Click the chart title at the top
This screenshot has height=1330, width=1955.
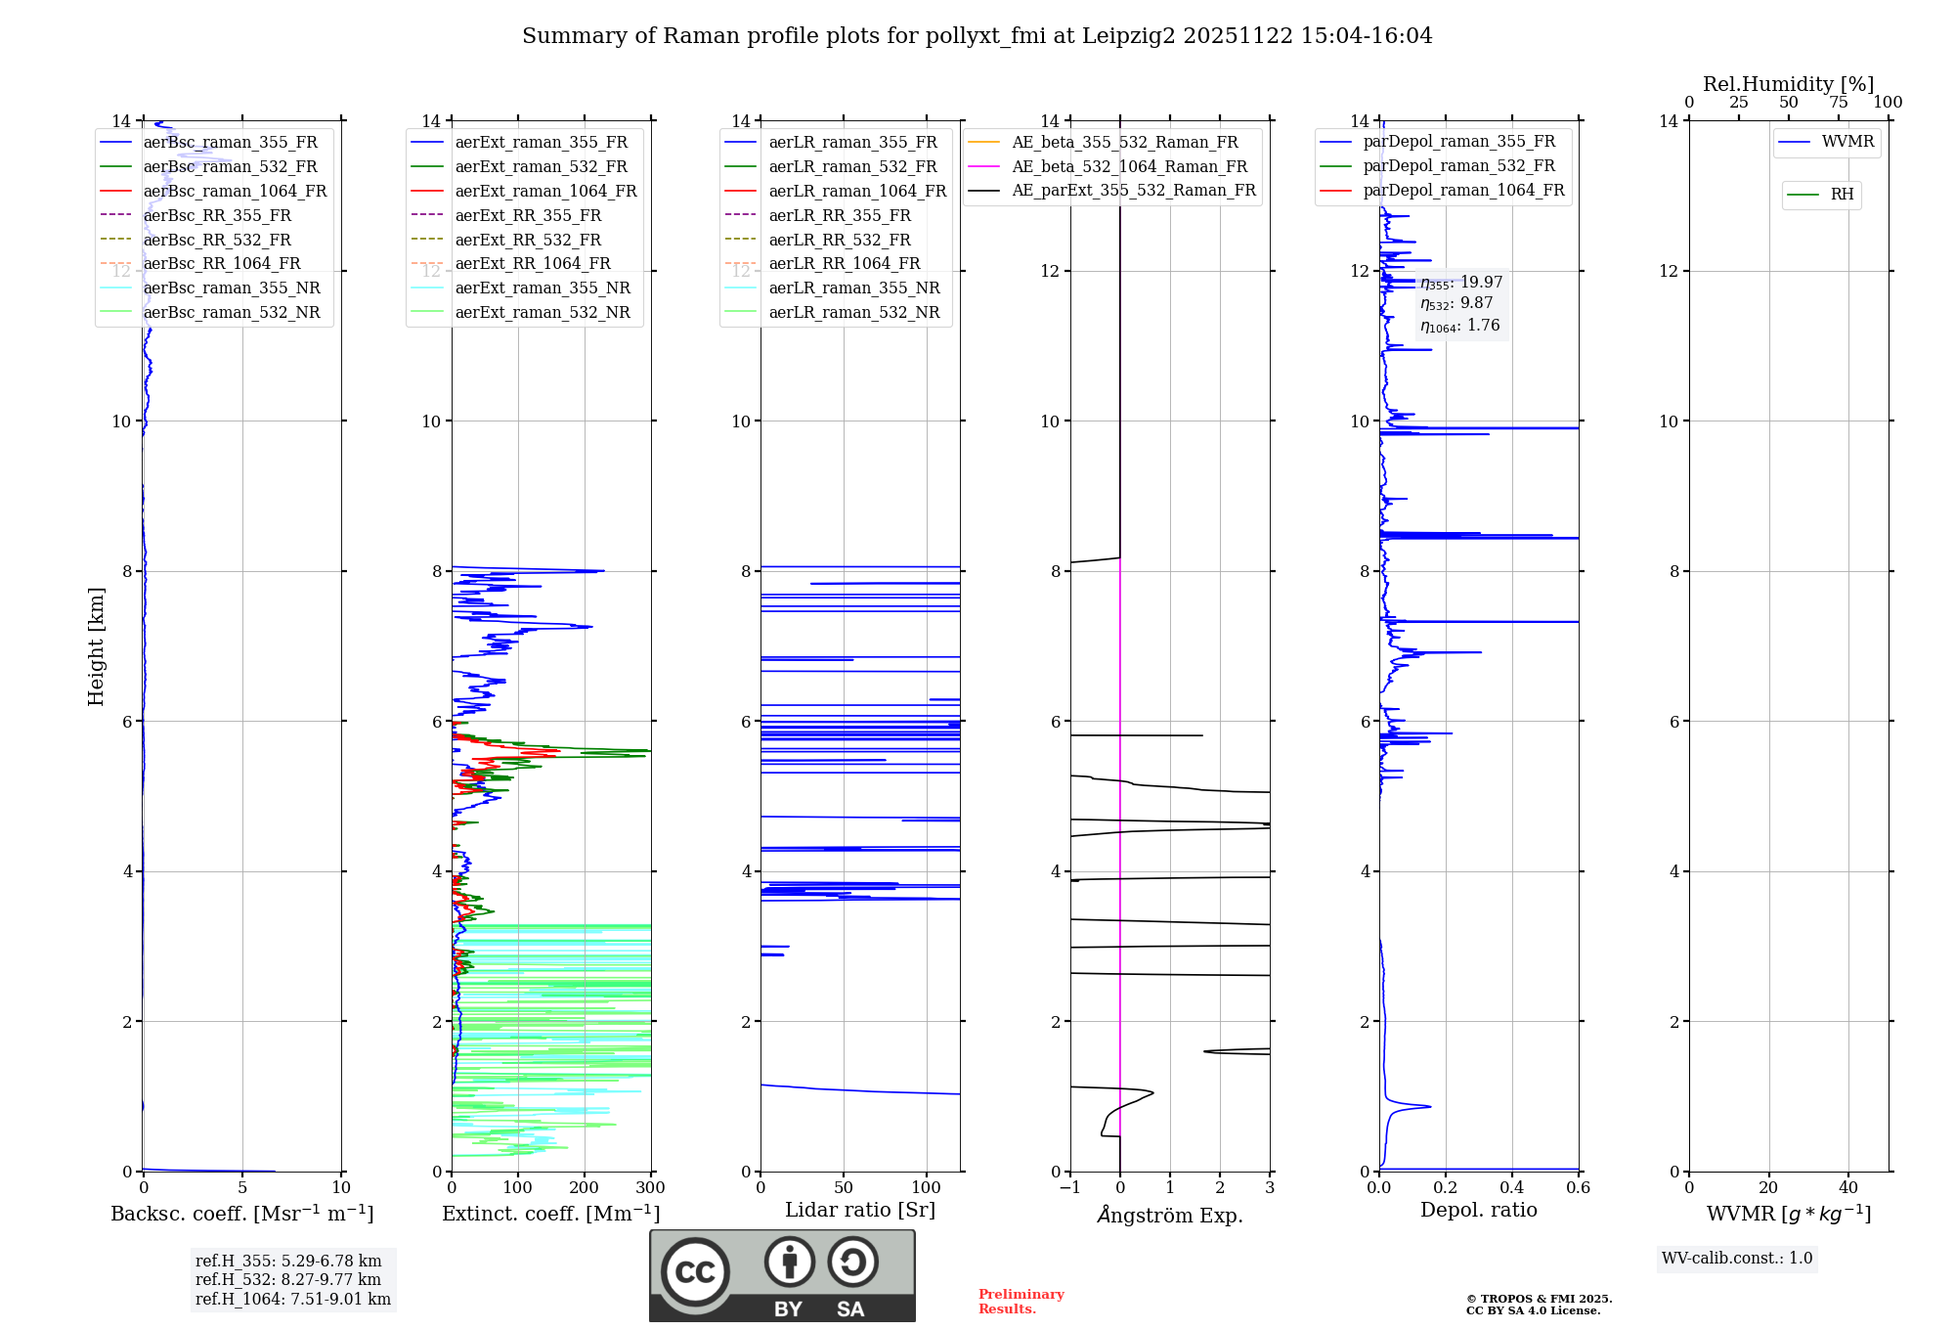click(977, 36)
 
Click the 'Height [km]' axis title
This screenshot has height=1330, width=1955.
click(96, 645)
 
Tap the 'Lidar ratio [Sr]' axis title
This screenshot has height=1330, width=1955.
click(860, 1210)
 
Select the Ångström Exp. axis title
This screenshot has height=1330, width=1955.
click(1170, 1215)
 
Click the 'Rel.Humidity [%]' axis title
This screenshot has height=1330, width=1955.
click(1788, 84)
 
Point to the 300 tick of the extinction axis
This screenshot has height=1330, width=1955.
click(650, 1187)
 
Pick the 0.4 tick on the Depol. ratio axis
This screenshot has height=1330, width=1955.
click(1512, 1187)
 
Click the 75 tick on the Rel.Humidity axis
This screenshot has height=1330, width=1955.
click(1838, 102)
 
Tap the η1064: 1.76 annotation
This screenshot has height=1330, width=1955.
click(1459, 326)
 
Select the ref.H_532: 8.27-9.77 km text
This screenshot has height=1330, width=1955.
click(287, 1279)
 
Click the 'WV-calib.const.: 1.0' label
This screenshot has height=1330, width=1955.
click(1737, 1258)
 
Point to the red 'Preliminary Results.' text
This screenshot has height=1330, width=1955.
click(1021, 1301)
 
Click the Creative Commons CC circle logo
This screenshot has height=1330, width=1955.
click(695, 1271)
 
